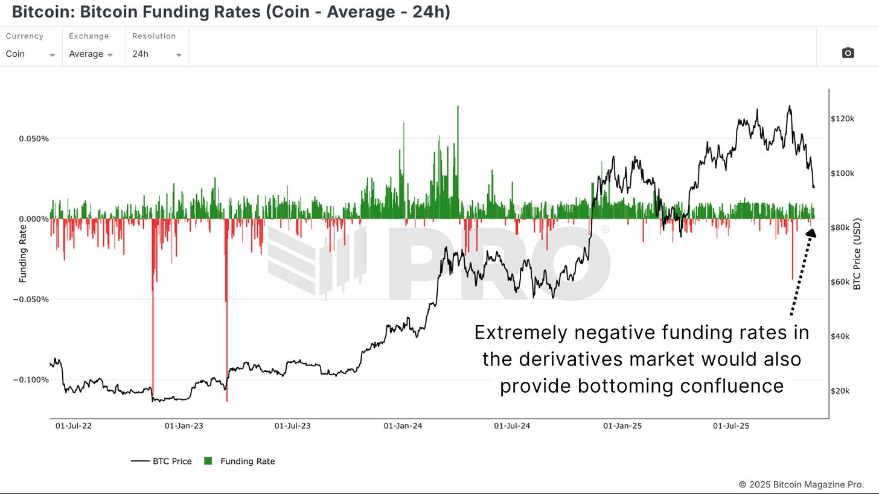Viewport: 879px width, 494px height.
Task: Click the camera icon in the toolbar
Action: click(848, 53)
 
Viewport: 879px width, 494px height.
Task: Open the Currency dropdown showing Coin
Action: click(30, 54)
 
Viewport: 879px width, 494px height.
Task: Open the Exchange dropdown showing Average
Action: click(91, 54)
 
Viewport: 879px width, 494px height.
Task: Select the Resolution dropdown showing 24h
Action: click(156, 54)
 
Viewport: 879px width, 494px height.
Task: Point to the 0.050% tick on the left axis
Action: click(34, 139)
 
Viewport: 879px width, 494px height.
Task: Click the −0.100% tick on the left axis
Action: click(31, 379)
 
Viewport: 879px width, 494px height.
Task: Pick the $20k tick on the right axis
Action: click(840, 391)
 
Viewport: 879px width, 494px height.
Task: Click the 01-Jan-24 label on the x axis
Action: click(403, 426)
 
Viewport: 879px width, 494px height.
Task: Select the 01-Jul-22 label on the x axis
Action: click(74, 426)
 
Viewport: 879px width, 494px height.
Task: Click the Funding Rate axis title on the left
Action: click(23, 253)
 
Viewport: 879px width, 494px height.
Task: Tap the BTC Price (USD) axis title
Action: click(857, 253)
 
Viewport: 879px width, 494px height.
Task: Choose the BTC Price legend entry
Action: click(161, 461)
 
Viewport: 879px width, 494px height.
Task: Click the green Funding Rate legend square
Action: click(208, 461)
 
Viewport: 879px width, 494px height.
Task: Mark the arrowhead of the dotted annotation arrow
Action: click(811, 232)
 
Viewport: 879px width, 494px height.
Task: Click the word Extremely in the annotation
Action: click(520, 333)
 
